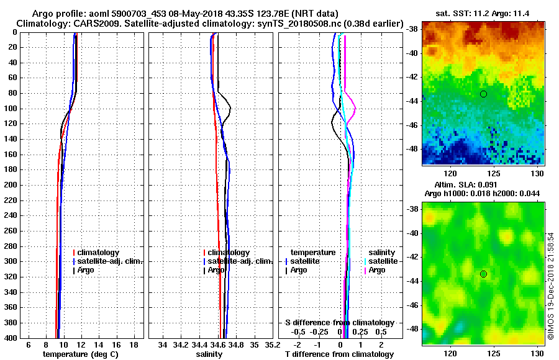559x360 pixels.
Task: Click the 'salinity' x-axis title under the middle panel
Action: pyautogui.click(x=210, y=354)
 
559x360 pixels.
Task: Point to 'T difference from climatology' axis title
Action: pyautogui.click(x=339, y=354)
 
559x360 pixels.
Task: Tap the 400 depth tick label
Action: pyautogui.click(x=13, y=338)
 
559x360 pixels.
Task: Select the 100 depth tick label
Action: pyautogui.click(x=13, y=109)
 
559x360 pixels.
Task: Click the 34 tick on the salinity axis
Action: pyautogui.click(x=163, y=344)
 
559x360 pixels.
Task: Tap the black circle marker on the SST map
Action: pyautogui.click(x=483, y=94)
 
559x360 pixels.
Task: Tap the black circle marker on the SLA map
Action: pyautogui.click(x=483, y=274)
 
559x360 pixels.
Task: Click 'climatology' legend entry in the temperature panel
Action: pyautogui.click(x=100, y=253)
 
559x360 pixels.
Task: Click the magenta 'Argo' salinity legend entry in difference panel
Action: pyautogui.click(x=377, y=270)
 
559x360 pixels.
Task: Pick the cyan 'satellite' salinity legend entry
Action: pyautogui.click(x=383, y=261)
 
